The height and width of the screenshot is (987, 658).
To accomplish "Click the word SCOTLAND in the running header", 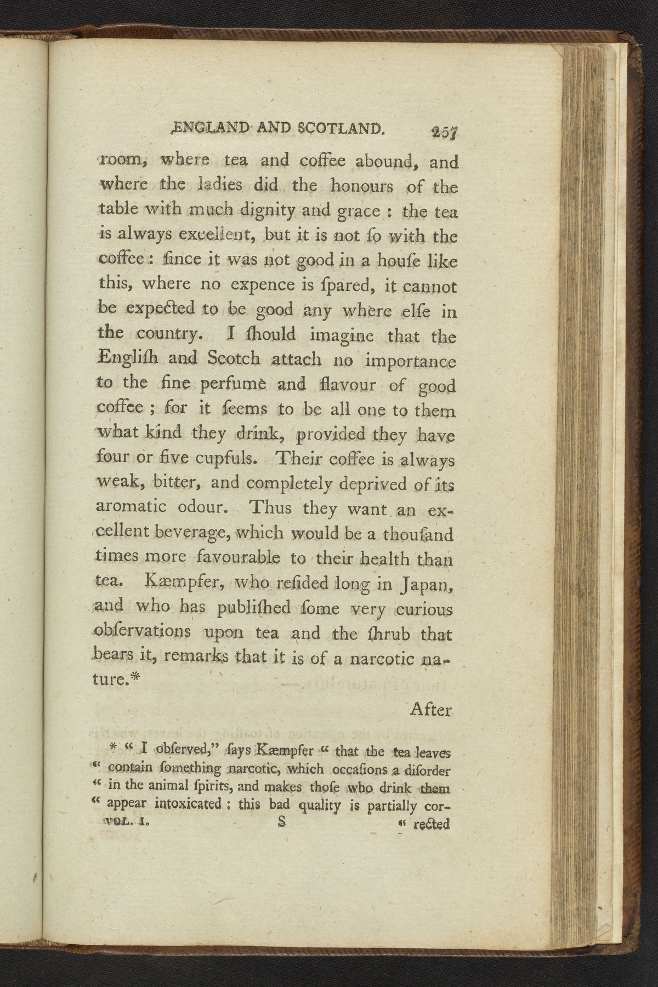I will (339, 129).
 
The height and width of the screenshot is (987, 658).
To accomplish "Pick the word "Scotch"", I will (234, 358).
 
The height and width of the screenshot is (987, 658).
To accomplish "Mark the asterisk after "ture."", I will (137, 677).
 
